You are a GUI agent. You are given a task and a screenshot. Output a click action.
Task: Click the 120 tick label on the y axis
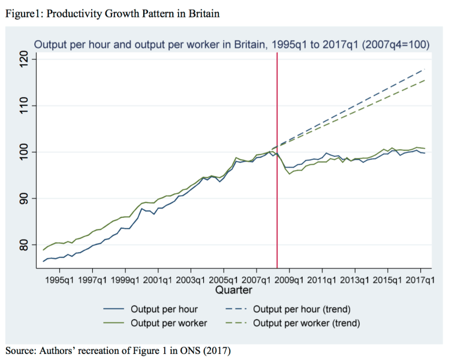click(x=23, y=59)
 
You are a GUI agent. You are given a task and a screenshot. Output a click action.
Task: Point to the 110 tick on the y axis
click(x=23, y=106)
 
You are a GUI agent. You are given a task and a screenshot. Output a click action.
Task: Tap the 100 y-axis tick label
click(x=23, y=152)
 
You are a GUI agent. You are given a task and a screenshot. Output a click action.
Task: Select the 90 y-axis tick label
click(x=23, y=199)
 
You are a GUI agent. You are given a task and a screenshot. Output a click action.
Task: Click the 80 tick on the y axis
click(x=23, y=245)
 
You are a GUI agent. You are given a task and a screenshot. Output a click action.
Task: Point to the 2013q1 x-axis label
click(x=355, y=280)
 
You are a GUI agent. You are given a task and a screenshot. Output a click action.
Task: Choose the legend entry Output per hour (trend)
click(x=302, y=310)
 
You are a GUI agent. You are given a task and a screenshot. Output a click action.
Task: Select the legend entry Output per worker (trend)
click(x=306, y=323)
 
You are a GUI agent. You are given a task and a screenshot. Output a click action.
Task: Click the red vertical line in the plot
click(x=277, y=180)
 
